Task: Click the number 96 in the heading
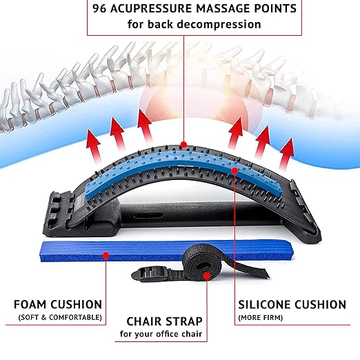[99, 8]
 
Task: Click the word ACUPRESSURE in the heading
[151, 8]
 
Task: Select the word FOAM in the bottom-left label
[30, 304]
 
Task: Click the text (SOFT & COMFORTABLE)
[60, 317]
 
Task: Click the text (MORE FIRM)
[260, 318]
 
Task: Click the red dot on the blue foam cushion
[106, 255]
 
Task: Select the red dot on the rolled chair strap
[207, 276]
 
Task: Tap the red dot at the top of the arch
[183, 145]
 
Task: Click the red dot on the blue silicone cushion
[234, 170]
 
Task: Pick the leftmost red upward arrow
[94, 146]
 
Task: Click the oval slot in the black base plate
[148, 217]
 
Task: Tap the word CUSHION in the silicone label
[321, 304]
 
